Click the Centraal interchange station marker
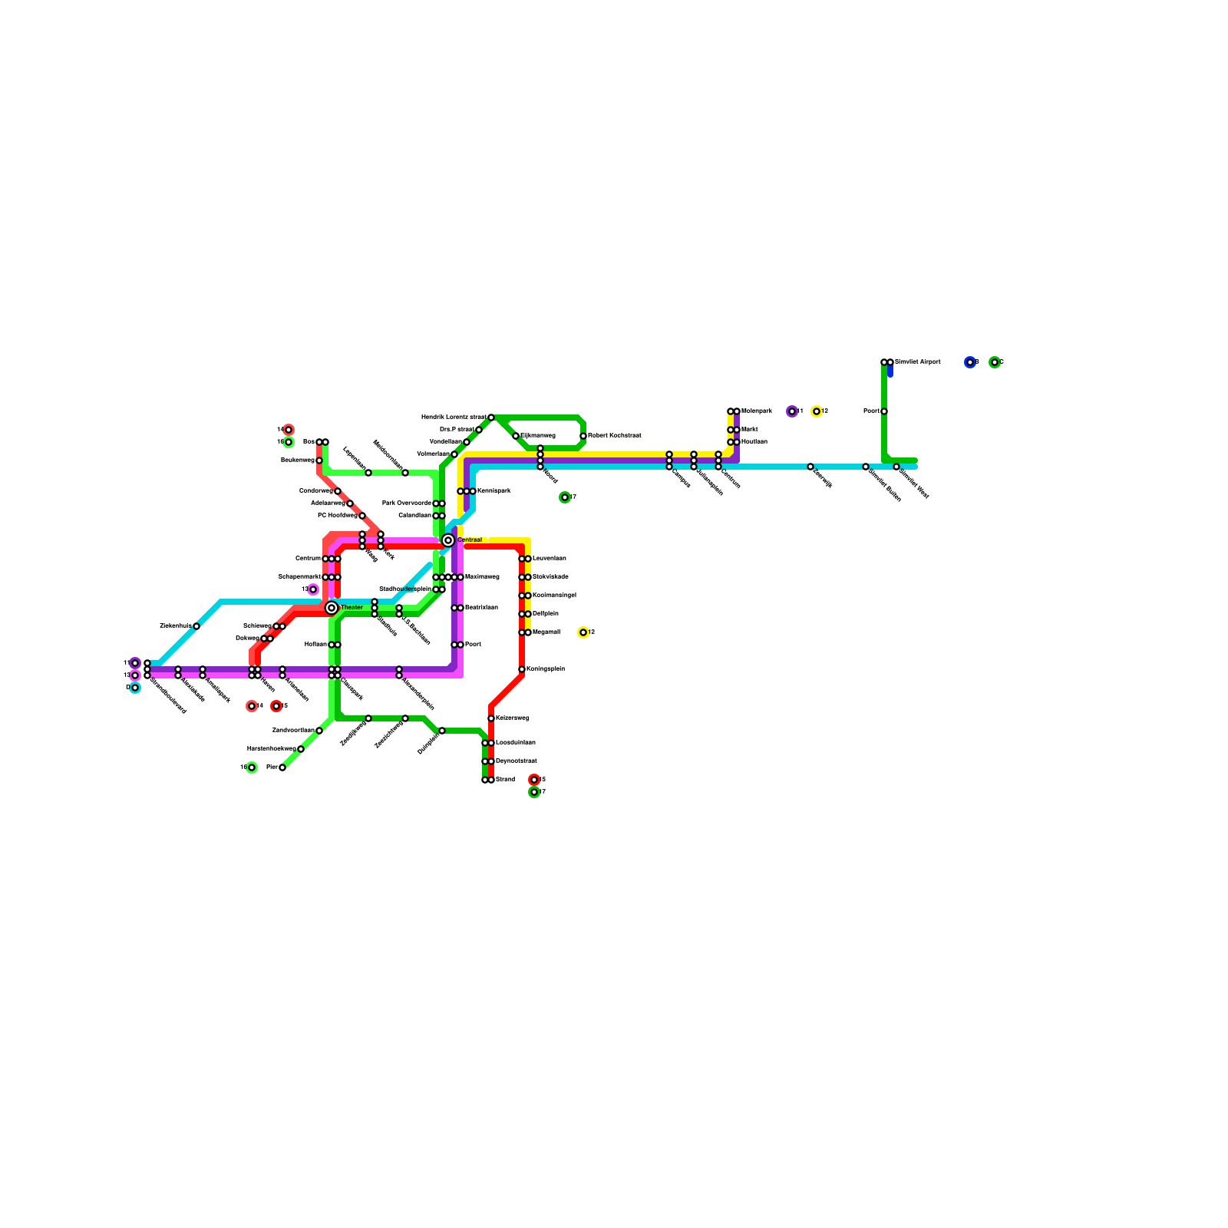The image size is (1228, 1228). tap(448, 540)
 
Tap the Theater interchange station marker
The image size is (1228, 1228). tap(332, 608)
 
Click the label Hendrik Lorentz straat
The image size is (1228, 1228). tap(453, 418)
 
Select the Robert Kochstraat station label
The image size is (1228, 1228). tap(614, 436)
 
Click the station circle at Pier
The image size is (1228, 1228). tap(282, 767)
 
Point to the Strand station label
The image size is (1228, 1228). tap(505, 780)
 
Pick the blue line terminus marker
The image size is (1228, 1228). tap(970, 362)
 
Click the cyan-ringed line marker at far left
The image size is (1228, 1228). tap(135, 688)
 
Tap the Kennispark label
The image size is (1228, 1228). tap(494, 491)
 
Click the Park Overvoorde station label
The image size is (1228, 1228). tap(407, 503)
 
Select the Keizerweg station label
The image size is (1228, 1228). tap(512, 718)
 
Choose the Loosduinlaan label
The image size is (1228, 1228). tap(515, 743)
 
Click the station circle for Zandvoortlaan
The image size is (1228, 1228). tap(319, 731)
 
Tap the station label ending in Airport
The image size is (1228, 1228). tap(917, 362)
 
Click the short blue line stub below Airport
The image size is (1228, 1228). tap(890, 371)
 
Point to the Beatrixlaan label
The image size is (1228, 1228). tap(481, 608)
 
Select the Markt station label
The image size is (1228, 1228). tap(749, 430)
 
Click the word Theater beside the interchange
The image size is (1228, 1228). tap(352, 608)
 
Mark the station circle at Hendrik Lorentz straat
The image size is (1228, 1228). tap(491, 418)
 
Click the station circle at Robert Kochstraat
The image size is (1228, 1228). tap(583, 436)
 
